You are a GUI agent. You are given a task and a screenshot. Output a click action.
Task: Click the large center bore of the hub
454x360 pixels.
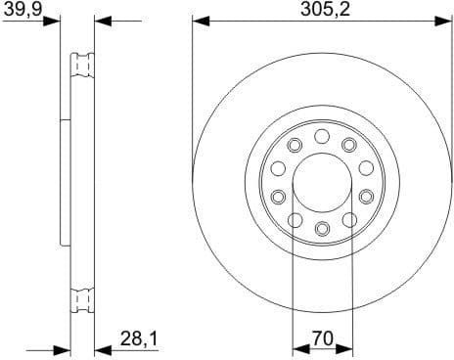[x=322, y=183]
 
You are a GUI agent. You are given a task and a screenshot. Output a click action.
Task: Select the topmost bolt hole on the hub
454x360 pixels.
[x=322, y=137]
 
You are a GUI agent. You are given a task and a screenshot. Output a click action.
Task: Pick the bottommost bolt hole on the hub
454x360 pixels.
[x=322, y=229]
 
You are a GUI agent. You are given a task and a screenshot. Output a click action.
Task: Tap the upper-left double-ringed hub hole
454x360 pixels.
[x=295, y=147]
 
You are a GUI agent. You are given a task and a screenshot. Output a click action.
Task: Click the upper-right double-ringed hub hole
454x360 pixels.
[x=349, y=147]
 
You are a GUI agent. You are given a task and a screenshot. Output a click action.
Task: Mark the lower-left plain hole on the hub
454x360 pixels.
[x=295, y=219]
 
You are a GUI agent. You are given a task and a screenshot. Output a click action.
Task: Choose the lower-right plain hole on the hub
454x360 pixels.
[x=349, y=219]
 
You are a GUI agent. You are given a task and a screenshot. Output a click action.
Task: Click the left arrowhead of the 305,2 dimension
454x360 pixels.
[x=199, y=21]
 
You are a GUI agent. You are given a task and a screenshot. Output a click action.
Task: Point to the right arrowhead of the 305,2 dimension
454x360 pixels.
[x=445, y=21]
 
